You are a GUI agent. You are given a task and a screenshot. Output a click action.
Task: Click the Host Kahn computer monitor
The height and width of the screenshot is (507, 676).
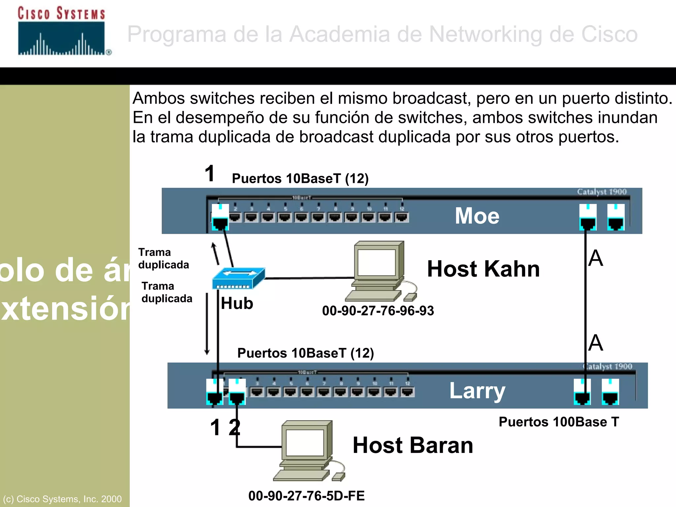(377, 262)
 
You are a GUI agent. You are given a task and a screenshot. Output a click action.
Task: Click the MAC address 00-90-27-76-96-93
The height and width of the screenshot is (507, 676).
(378, 311)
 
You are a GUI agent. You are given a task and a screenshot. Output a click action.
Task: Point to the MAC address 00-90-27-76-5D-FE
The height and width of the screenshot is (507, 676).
(306, 495)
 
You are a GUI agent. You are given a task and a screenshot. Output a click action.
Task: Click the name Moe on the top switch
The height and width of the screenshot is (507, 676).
(477, 216)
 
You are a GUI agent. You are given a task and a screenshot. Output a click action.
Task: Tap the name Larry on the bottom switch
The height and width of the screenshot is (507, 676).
(477, 391)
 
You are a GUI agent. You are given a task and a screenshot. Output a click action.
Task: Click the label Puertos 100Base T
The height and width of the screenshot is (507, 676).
(558, 422)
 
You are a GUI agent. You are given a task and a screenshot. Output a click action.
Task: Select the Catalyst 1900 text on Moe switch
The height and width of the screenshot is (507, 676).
(601, 192)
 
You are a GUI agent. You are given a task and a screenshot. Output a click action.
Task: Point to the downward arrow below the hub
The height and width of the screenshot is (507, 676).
(207, 323)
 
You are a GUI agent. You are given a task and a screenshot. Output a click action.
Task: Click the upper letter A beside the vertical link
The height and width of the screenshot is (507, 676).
(596, 258)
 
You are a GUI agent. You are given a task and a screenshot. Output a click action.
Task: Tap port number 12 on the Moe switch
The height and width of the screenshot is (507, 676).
(401, 217)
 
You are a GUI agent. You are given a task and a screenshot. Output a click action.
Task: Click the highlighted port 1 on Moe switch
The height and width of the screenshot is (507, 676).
(220, 218)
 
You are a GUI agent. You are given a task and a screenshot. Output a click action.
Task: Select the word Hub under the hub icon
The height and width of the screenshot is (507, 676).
(237, 303)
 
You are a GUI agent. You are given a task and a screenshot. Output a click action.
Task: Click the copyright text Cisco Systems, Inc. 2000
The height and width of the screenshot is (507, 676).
(62, 499)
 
